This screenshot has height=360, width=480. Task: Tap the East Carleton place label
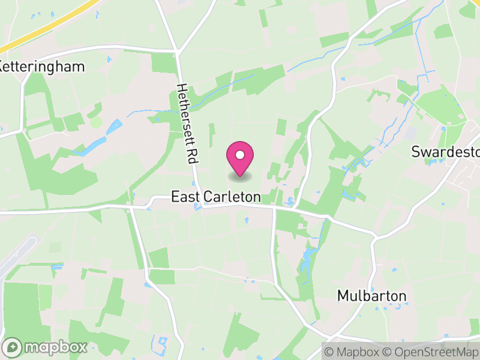pos(216,197)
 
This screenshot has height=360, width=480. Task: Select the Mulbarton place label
pos(371,296)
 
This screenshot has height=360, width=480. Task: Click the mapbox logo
pos(47,347)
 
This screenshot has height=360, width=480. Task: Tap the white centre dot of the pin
pos(240,155)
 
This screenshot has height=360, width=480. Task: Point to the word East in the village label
pos(184,197)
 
